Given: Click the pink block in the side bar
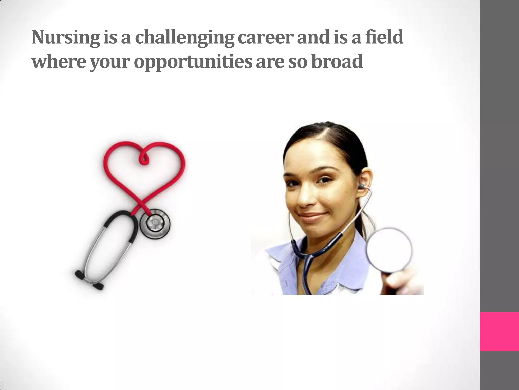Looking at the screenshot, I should tap(499, 331).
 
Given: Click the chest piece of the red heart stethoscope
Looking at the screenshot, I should tap(154, 223).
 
